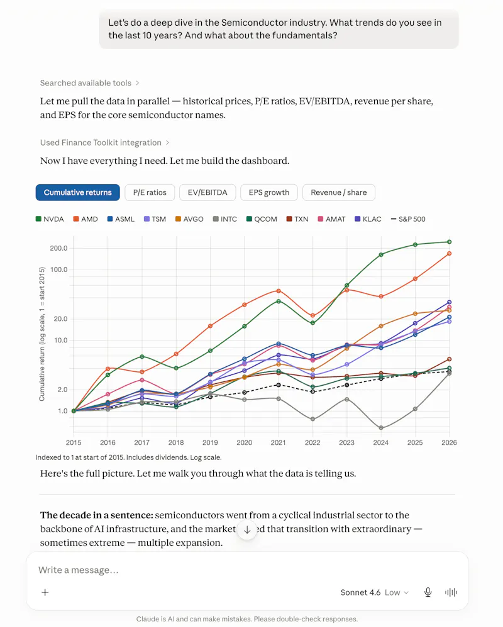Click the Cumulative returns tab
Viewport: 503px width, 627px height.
(x=77, y=192)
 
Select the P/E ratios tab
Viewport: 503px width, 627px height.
(x=150, y=192)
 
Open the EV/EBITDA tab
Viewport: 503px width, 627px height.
(x=207, y=192)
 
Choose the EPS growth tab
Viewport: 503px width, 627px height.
(x=269, y=192)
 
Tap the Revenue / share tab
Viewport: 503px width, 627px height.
(x=338, y=192)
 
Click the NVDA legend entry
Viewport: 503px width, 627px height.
(x=50, y=219)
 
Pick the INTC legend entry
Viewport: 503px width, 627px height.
(x=225, y=219)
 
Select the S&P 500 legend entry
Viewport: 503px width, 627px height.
(x=408, y=219)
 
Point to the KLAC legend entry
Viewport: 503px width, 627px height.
(x=368, y=219)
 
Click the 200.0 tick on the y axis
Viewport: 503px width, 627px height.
(x=58, y=248)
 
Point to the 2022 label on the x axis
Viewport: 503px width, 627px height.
(x=312, y=443)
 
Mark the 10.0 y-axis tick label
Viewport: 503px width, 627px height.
(x=60, y=341)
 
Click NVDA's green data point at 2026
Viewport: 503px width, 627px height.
(x=449, y=242)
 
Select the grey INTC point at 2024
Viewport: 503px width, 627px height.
(x=381, y=428)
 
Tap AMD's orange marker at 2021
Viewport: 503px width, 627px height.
(x=279, y=291)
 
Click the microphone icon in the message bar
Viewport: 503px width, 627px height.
(x=428, y=592)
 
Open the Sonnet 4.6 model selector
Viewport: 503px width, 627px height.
(x=374, y=592)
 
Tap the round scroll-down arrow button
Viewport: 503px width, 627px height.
(x=247, y=530)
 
